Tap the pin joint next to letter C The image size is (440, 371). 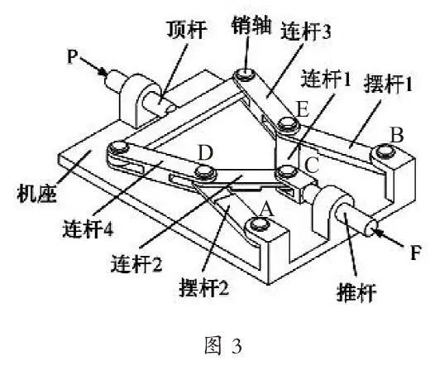click(x=288, y=172)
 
